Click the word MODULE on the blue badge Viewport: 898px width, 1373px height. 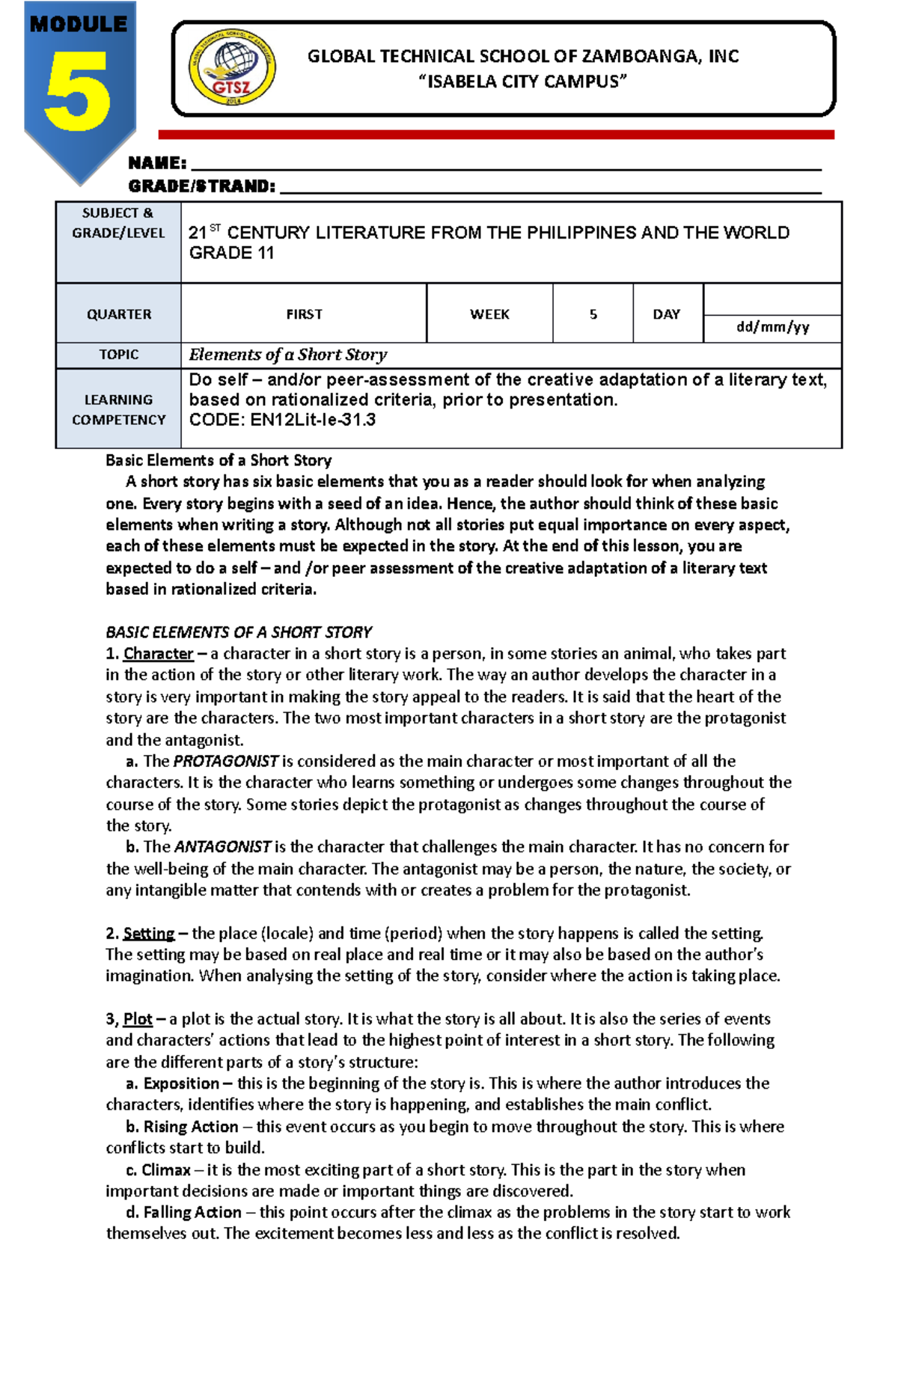pos(79,24)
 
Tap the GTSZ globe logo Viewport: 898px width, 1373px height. pos(232,68)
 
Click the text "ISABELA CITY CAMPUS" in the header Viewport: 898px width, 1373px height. pos(522,82)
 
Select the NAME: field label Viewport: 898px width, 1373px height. pos(157,163)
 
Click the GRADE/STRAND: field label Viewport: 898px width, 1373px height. pos(201,186)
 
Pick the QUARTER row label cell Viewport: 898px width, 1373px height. pos(119,314)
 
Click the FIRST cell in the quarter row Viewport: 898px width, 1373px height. pos(304,314)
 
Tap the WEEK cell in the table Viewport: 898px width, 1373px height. pos(489,314)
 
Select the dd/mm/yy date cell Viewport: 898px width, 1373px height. pos(772,328)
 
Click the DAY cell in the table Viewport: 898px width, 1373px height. pos(667,314)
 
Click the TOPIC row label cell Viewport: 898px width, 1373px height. pos(119,355)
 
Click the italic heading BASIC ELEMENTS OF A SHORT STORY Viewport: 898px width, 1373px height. pos(239,632)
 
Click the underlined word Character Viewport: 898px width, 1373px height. pos(158,654)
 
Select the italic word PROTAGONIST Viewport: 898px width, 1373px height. pos(225,762)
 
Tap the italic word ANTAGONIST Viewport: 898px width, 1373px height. pos(222,847)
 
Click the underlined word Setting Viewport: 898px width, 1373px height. pos(148,934)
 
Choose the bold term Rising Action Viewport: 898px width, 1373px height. pos(191,1127)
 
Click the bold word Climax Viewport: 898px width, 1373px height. pos(166,1170)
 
